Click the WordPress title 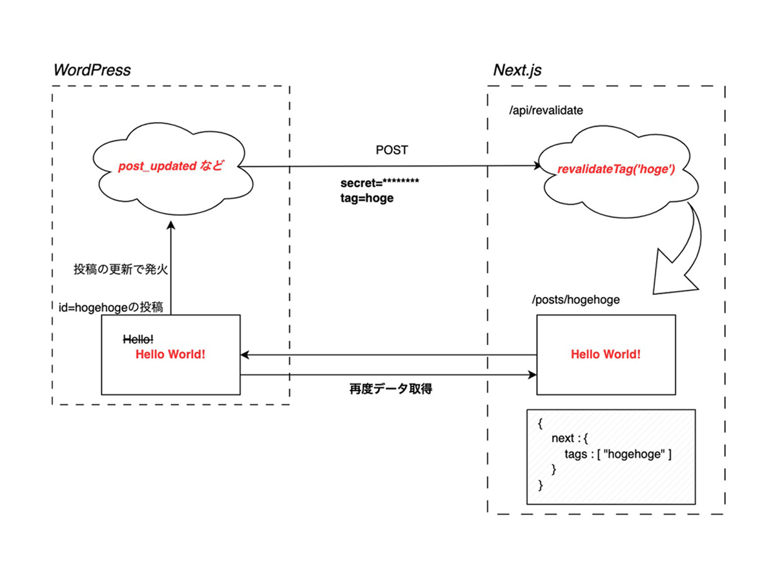pyautogui.click(x=92, y=70)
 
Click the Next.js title pyautogui.click(x=517, y=70)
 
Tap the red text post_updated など pyautogui.click(x=170, y=166)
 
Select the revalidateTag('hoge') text pyautogui.click(x=616, y=170)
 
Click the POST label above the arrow pyautogui.click(x=391, y=150)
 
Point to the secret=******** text pyautogui.click(x=380, y=183)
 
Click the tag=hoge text pyautogui.click(x=367, y=198)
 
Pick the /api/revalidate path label pyautogui.click(x=546, y=110)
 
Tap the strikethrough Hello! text pyautogui.click(x=138, y=339)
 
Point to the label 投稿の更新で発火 pyautogui.click(x=121, y=269)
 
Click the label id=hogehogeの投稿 pyautogui.click(x=115, y=308)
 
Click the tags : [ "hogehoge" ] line pyautogui.click(x=617, y=454)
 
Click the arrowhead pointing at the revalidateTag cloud pyautogui.click(x=537, y=167)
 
